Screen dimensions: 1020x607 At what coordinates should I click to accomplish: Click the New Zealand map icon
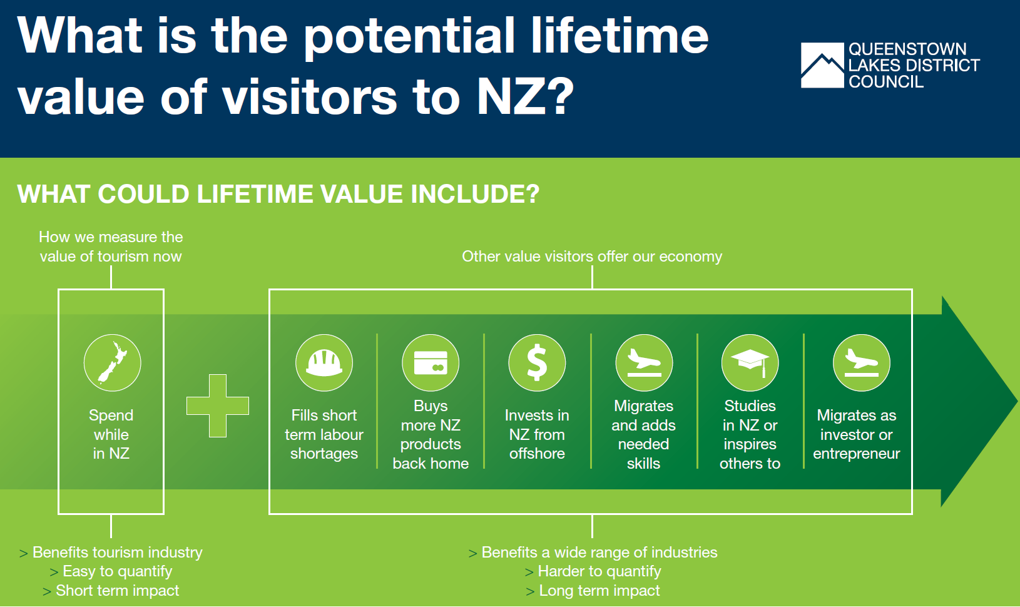click(113, 363)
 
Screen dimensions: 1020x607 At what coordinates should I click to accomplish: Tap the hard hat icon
click(324, 363)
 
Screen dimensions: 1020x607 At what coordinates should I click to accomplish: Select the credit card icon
click(431, 363)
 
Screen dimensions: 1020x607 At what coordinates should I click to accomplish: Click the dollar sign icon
click(538, 363)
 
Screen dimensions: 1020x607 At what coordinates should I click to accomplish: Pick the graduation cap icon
click(750, 363)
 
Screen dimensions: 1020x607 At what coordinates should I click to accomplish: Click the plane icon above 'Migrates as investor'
click(862, 363)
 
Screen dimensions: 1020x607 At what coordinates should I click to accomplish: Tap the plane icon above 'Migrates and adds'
click(644, 363)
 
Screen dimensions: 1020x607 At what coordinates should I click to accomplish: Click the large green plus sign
click(218, 406)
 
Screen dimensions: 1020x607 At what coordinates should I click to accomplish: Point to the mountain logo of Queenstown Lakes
click(822, 65)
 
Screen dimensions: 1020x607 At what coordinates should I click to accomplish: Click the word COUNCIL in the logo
click(886, 82)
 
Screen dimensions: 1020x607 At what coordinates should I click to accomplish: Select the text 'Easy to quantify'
click(118, 571)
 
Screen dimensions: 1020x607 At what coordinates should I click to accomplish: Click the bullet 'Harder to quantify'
click(599, 571)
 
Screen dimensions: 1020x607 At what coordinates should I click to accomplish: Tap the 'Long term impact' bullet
click(599, 591)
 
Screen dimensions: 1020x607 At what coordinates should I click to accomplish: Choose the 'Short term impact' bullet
click(118, 591)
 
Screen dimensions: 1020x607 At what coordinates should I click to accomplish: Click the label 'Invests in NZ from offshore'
click(538, 434)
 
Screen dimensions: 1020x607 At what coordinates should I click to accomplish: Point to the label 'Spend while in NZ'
click(111, 434)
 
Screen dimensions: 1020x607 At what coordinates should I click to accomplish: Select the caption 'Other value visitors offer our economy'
click(592, 257)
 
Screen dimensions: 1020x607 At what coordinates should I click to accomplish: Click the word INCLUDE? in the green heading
click(475, 194)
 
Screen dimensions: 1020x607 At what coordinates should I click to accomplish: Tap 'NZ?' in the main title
click(525, 96)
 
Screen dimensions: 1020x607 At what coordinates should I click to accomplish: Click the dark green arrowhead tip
click(1017, 402)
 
